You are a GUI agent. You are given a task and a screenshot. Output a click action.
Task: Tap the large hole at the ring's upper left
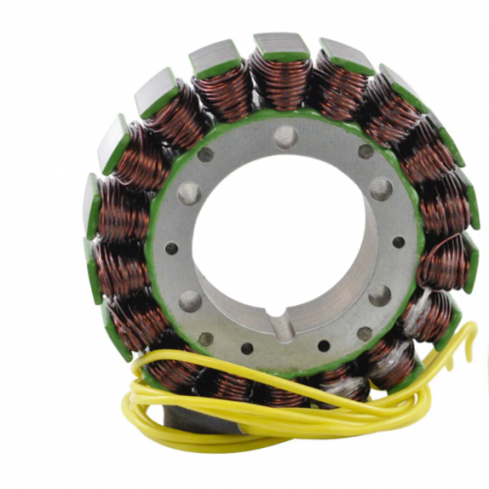pyautogui.click(x=189, y=193)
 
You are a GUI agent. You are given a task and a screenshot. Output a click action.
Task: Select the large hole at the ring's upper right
pyautogui.click(x=380, y=188)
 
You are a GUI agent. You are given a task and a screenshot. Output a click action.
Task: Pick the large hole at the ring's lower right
pyautogui.click(x=379, y=295)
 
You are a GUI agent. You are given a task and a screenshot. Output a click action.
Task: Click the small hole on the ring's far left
pyautogui.click(x=171, y=248)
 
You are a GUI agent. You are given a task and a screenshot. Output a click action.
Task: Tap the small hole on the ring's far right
pyautogui.click(x=398, y=242)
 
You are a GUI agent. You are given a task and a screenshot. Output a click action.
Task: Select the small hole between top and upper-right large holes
pyautogui.click(x=365, y=152)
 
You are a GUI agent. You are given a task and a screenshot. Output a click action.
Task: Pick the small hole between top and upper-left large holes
pyautogui.click(x=205, y=154)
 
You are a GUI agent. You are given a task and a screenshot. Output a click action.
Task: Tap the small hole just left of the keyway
pyautogui.click(x=246, y=347)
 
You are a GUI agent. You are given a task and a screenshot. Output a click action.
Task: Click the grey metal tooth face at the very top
pyautogui.click(x=282, y=43)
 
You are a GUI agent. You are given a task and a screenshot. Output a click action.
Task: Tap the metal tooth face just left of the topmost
pyautogui.click(x=214, y=56)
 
